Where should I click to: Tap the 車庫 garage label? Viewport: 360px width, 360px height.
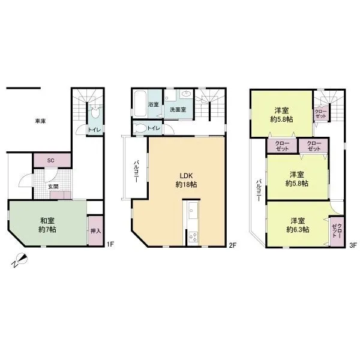pyautogui.click(x=40, y=121)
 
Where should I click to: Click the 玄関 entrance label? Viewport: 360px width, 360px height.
pyautogui.click(x=53, y=187)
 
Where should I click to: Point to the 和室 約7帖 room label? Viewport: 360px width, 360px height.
pyautogui.click(x=47, y=225)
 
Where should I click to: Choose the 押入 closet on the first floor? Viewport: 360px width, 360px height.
pyautogui.click(x=95, y=230)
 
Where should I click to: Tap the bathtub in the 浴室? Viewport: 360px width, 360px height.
pyautogui.click(x=140, y=104)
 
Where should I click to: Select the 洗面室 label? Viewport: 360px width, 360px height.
pyautogui.click(x=178, y=110)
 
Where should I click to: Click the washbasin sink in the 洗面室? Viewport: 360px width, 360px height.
pyautogui.click(x=186, y=94)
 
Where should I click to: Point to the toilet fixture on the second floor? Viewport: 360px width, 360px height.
pyautogui.click(x=139, y=128)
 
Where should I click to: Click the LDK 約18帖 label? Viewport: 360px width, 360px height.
pyautogui.click(x=186, y=180)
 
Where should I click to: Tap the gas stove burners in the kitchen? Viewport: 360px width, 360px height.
pyautogui.click(x=193, y=237)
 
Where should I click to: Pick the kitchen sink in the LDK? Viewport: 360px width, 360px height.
pyautogui.click(x=193, y=211)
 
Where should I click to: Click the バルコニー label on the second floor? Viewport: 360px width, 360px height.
pyautogui.click(x=136, y=172)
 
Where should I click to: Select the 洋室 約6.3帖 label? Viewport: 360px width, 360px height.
pyautogui.click(x=298, y=225)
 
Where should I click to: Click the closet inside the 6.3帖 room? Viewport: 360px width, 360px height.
pyautogui.click(x=337, y=232)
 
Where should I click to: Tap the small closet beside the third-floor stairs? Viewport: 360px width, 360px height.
pyautogui.click(x=321, y=113)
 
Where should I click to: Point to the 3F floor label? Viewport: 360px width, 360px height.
pyautogui.click(x=353, y=245)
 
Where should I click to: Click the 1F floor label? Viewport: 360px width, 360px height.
pyautogui.click(x=110, y=244)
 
